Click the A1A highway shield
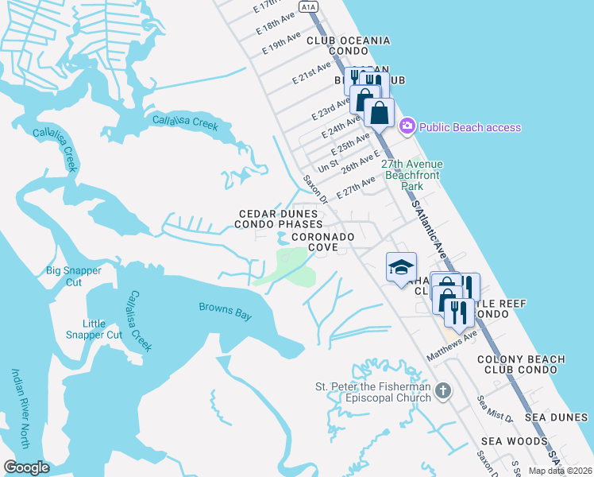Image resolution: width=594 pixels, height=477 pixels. tap(309, 7)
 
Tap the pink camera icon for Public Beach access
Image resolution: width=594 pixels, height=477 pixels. tap(407, 126)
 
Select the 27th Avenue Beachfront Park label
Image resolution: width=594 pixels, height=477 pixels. tap(411, 175)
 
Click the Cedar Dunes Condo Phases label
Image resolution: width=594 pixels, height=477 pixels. tap(280, 219)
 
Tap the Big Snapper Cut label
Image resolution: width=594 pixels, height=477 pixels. tap(74, 277)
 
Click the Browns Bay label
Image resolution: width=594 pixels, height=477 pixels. tap(225, 311)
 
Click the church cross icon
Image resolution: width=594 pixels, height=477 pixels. tap(443, 390)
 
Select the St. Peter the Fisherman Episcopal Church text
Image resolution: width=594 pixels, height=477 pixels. tap(372, 392)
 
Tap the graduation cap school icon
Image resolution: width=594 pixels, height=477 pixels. tap(401, 267)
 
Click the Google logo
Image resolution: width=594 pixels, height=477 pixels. tap(27, 467)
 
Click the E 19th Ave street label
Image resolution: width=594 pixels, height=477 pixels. tap(283, 45)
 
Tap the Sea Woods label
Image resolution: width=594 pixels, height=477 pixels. tap(514, 441)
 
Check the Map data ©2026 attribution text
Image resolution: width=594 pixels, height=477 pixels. tap(559, 471)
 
